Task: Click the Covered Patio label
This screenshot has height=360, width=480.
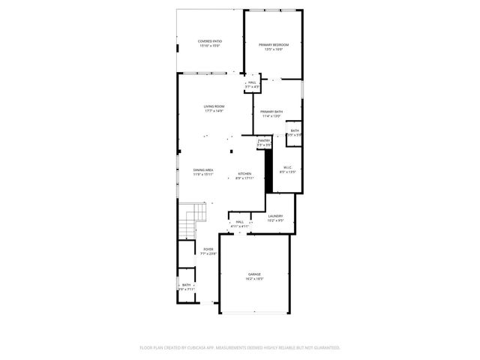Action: click(x=210, y=40)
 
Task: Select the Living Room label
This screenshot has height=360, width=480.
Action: click(x=214, y=106)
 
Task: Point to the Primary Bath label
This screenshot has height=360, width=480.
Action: click(x=271, y=112)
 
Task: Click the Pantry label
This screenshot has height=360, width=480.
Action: click(x=264, y=140)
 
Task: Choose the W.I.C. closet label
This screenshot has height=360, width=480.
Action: click(x=287, y=167)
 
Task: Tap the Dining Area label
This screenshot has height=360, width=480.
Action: click(x=203, y=170)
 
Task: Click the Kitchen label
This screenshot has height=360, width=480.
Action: click(x=245, y=174)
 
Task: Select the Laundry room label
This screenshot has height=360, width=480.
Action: click(x=275, y=216)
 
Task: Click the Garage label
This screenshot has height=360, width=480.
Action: click(x=255, y=274)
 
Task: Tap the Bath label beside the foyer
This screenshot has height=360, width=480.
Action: click(x=186, y=285)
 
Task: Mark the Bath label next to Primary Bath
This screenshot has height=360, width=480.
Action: click(x=295, y=130)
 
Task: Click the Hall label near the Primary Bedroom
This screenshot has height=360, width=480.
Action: click(x=252, y=82)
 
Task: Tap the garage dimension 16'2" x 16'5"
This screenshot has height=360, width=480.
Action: click(x=255, y=279)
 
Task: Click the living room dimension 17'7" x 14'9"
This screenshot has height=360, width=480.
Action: click(x=214, y=111)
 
